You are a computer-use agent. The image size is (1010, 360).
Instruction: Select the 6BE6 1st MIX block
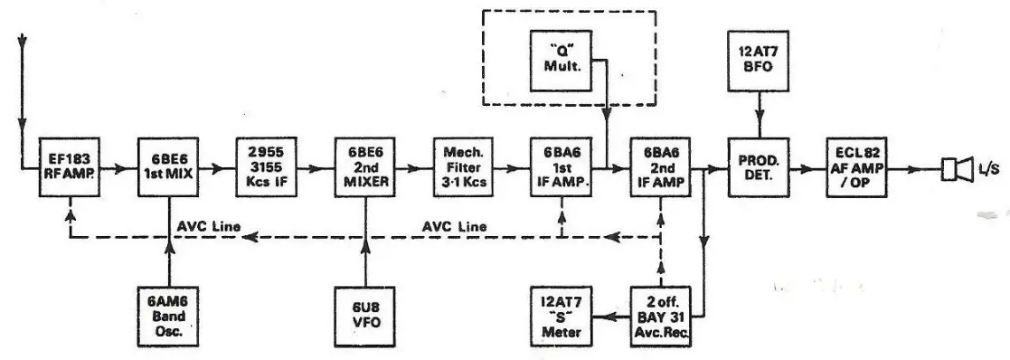[169, 168]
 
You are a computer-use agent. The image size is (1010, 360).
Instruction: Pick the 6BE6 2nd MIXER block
[366, 168]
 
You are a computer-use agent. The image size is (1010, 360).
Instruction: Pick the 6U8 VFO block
[366, 315]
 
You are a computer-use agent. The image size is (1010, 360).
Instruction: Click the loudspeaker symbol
[950, 168]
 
